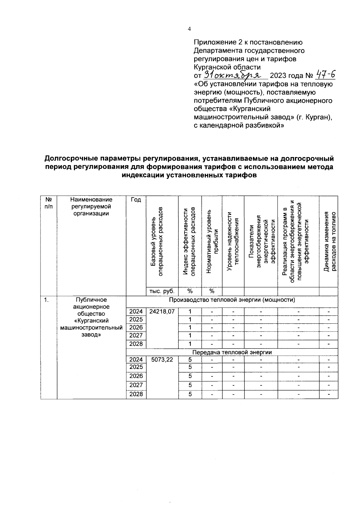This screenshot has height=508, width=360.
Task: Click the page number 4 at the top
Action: pyautogui.click(x=189, y=29)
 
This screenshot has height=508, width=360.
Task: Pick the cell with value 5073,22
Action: pyautogui.click(x=162, y=359)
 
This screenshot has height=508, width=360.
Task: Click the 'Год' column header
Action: pyautogui.click(x=136, y=200)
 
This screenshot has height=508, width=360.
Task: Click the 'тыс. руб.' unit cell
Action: pyautogui.click(x=162, y=291)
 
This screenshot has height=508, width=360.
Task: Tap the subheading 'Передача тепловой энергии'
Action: pyautogui.click(x=232, y=352)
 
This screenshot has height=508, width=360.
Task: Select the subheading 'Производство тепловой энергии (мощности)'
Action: pyautogui.click(x=232, y=300)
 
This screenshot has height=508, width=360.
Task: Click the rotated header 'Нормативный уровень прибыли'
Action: pyautogui.click(x=212, y=241)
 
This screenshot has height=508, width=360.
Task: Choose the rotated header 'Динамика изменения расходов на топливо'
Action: pyautogui.click(x=328, y=241)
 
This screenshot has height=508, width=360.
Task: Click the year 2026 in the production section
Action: pyautogui.click(x=136, y=327)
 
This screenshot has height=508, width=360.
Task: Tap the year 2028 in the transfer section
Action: pyautogui.click(x=136, y=394)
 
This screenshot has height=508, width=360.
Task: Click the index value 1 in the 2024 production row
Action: pyautogui.click(x=190, y=311)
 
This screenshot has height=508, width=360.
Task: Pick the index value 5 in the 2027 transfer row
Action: pyautogui.click(x=190, y=385)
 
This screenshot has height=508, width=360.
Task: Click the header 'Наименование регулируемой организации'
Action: pyautogui.click(x=91, y=206)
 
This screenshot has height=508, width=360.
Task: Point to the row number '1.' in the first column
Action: pyautogui.click(x=46, y=300)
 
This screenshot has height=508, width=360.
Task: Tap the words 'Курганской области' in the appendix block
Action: pyautogui.click(x=227, y=67)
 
